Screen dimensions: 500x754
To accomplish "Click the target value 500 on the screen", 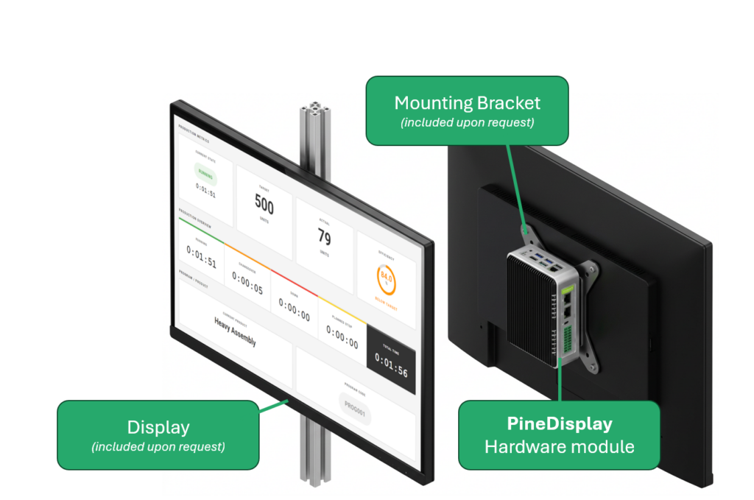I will [264, 203].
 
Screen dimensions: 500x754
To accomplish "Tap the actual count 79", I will [324, 236].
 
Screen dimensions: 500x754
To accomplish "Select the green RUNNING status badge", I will [205, 175].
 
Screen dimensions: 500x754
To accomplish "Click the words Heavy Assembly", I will [235, 331].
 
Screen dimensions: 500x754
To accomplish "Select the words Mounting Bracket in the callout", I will [467, 102].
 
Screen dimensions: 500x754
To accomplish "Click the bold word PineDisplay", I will [559, 424].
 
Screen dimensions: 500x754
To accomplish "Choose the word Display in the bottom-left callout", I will [158, 427].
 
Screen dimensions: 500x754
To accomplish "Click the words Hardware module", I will [559, 446].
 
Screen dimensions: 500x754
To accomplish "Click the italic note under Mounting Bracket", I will [467, 122].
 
